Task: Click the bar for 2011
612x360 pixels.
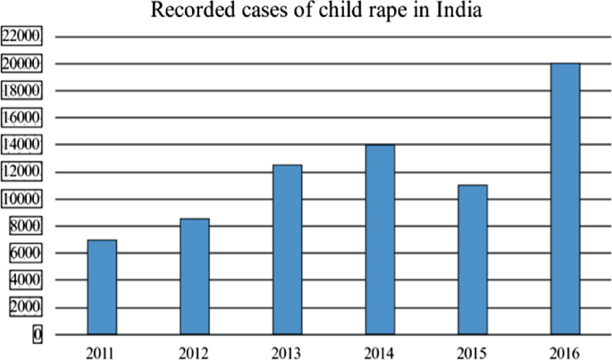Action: tap(102, 287)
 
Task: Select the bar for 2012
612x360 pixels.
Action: tap(195, 276)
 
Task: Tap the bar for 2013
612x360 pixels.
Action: tap(288, 249)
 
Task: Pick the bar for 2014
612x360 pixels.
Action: tap(380, 239)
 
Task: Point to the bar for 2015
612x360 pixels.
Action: tap(473, 259)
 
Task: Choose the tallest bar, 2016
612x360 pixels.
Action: tap(566, 198)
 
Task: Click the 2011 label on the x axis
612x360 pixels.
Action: tap(102, 348)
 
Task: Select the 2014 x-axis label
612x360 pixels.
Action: tap(380, 348)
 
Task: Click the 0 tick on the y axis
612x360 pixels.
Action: tap(38, 334)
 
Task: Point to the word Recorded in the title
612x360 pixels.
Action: tap(189, 12)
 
